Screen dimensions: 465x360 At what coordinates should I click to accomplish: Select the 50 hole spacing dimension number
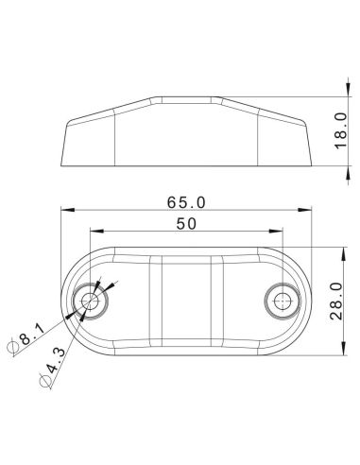tap(185, 223)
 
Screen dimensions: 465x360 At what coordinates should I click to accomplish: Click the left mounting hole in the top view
tap(91, 301)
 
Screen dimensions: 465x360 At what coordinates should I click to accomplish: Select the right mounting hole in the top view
tap(281, 301)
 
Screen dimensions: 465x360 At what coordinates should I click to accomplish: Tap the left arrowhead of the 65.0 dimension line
tap(62, 211)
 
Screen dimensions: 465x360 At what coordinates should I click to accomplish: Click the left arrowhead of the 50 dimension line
tap(92, 232)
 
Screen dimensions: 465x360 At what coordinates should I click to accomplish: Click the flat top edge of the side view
tap(185, 95)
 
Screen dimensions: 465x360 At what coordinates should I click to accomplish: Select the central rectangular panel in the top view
tap(185, 301)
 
